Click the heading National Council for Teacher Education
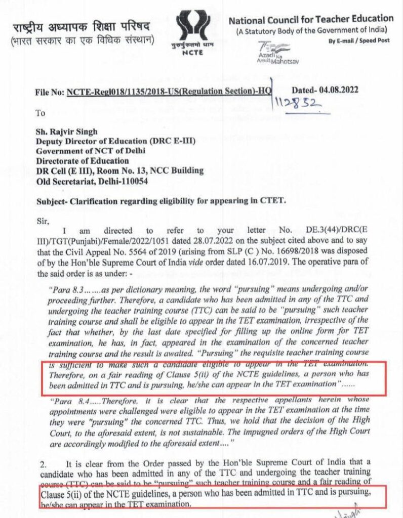pyautogui.click(x=311, y=21)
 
